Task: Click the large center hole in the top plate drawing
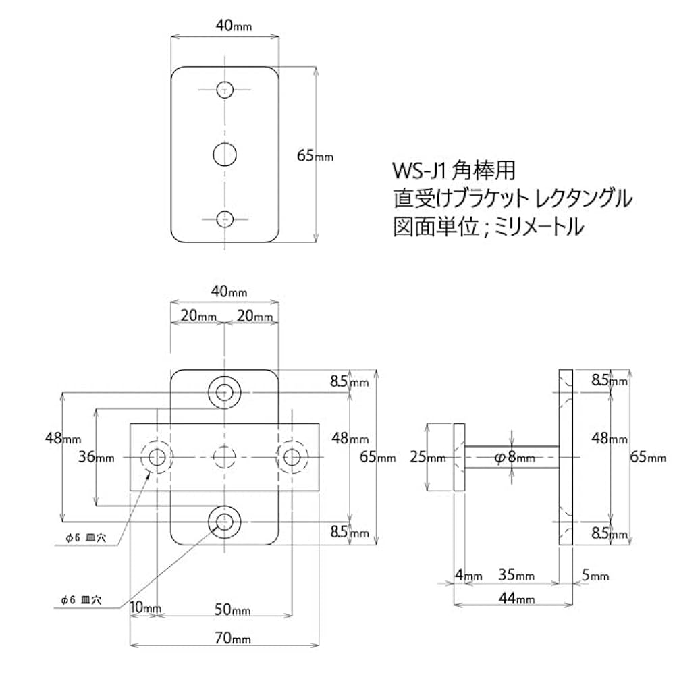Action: click(x=225, y=155)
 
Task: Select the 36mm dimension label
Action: click(x=97, y=457)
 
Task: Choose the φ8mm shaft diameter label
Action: click(x=514, y=457)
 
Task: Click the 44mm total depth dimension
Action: click(x=517, y=598)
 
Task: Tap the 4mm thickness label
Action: click(x=468, y=576)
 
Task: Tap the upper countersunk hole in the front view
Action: click(x=225, y=391)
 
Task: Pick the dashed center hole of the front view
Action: click(x=225, y=458)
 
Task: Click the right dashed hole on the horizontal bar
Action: click(x=292, y=458)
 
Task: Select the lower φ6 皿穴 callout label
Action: click(x=80, y=599)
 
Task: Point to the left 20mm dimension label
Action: click(x=198, y=315)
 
